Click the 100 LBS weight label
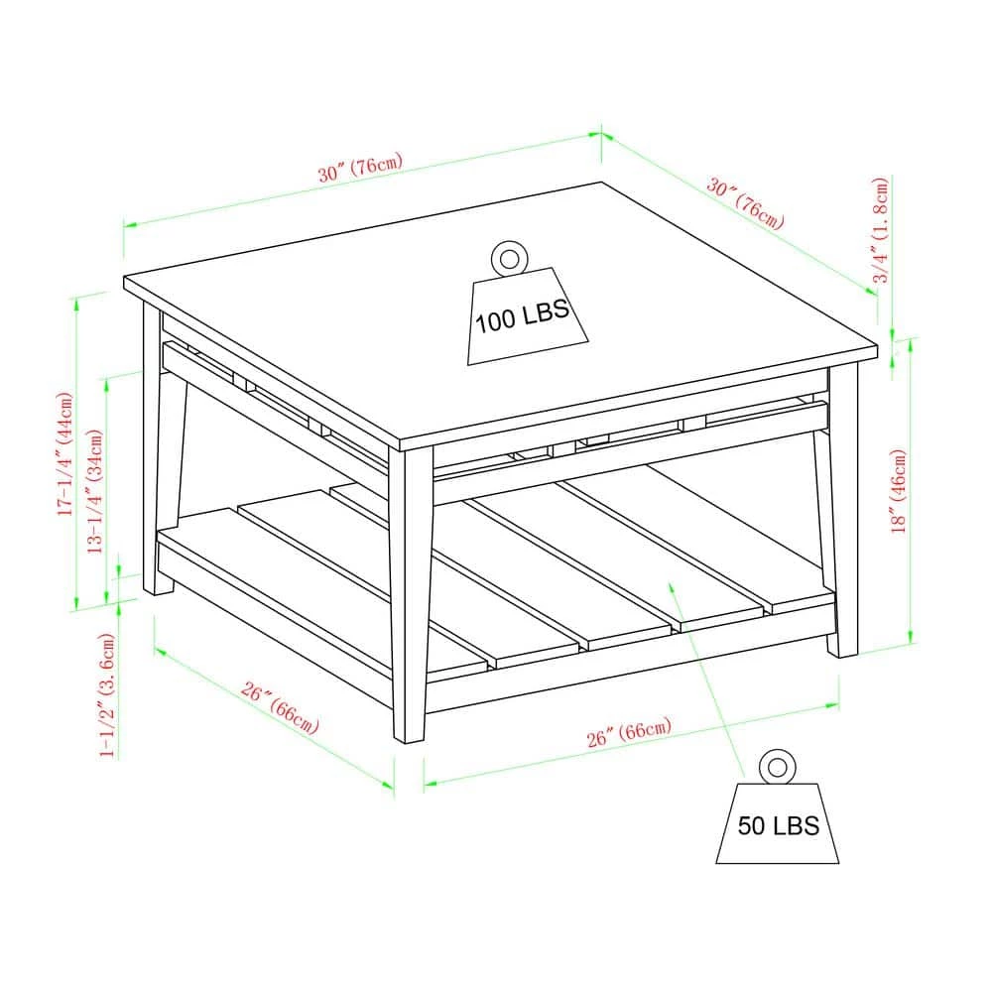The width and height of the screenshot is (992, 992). [522, 315]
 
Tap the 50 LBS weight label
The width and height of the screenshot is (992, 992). [778, 825]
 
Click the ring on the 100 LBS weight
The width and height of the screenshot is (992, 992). [509, 258]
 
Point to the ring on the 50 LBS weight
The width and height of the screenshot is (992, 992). [777, 767]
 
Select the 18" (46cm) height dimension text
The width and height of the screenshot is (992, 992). [899, 492]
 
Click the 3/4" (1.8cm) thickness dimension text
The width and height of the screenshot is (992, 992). [881, 230]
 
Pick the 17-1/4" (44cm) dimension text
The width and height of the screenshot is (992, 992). [65, 453]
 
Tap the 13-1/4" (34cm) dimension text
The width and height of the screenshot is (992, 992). [94, 492]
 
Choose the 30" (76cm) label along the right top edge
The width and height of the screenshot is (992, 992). [746, 203]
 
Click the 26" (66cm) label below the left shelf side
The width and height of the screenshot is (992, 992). [280, 707]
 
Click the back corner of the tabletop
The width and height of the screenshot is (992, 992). [601, 184]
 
